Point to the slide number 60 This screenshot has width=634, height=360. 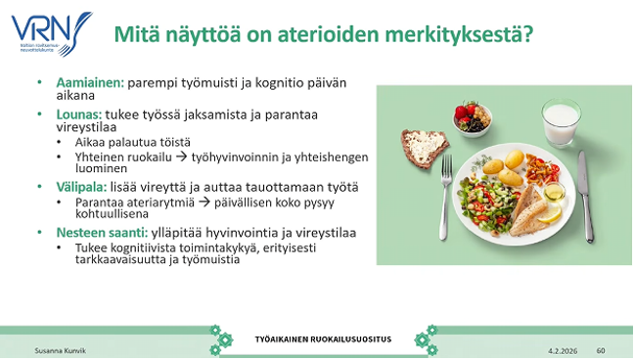[x=601, y=350]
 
